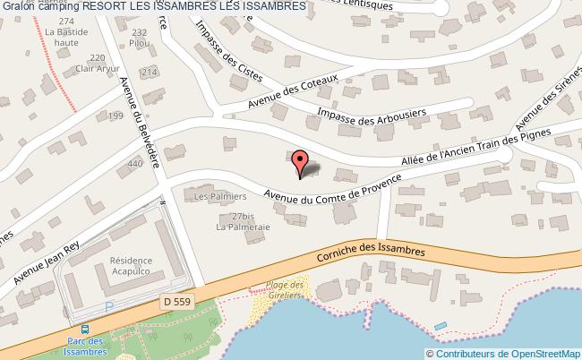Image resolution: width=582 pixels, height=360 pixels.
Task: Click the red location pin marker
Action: coord(301,160)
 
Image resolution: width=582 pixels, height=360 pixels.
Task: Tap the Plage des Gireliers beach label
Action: coord(286,289)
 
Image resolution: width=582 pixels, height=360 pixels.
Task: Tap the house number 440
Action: coord(135,164)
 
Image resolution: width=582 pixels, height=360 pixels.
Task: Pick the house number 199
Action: coord(116,116)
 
